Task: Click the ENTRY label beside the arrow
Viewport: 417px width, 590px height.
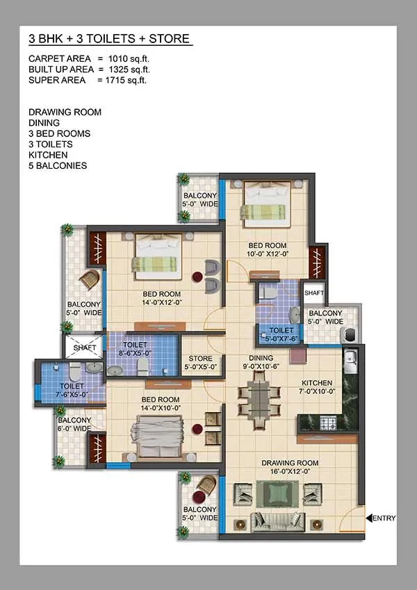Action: pyautogui.click(x=384, y=518)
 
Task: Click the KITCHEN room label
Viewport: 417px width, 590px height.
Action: pyautogui.click(x=316, y=388)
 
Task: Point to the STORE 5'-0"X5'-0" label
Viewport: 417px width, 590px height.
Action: pyautogui.click(x=200, y=363)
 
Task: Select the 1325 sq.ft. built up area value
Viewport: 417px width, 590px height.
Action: pyautogui.click(x=128, y=69)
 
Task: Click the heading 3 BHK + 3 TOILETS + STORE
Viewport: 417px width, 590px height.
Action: pyautogui.click(x=109, y=39)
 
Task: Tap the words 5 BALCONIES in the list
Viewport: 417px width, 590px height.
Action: pyautogui.click(x=58, y=166)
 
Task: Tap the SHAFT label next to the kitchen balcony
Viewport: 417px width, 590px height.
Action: pyautogui.click(x=314, y=293)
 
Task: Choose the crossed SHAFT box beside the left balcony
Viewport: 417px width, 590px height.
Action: pyautogui.click(x=83, y=345)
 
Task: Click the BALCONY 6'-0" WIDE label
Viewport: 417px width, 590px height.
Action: pyautogui.click(x=74, y=425)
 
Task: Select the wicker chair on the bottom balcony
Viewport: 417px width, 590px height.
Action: pyautogui.click(x=204, y=486)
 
